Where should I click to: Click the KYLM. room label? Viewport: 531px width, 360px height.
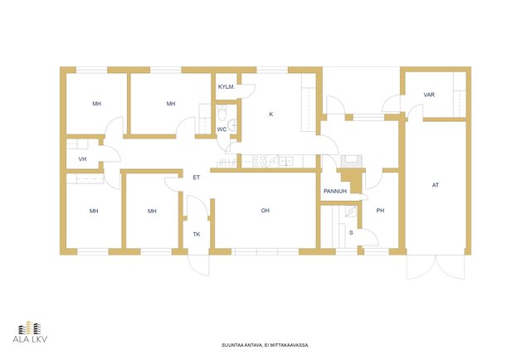click(227, 87)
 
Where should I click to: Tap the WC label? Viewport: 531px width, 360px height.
click(222, 129)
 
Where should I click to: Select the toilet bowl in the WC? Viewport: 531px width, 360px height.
click(222, 113)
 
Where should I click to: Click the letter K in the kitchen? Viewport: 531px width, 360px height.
click(271, 114)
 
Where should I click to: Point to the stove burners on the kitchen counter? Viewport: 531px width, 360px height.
click(260, 161)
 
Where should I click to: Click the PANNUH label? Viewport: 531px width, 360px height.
click(335, 192)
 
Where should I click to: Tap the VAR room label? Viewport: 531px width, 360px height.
click(429, 95)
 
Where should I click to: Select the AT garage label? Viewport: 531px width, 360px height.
click(436, 185)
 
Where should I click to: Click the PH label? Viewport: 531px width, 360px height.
click(380, 211)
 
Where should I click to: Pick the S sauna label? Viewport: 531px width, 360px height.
click(351, 233)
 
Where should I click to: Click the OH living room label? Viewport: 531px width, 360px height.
click(265, 211)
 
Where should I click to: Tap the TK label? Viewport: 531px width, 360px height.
click(197, 235)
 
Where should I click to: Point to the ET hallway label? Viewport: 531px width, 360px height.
click(197, 178)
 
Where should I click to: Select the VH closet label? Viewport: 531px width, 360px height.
click(82, 159)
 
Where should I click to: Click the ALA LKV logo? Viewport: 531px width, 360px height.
click(30, 332)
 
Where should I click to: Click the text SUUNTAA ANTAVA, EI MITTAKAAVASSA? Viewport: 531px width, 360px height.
click(265, 345)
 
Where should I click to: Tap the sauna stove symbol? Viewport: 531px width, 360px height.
click(350, 212)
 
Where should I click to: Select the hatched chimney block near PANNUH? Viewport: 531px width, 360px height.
click(351, 161)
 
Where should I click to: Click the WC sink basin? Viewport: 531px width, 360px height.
click(232, 125)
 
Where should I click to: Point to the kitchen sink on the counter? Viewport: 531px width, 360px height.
click(286, 161)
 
